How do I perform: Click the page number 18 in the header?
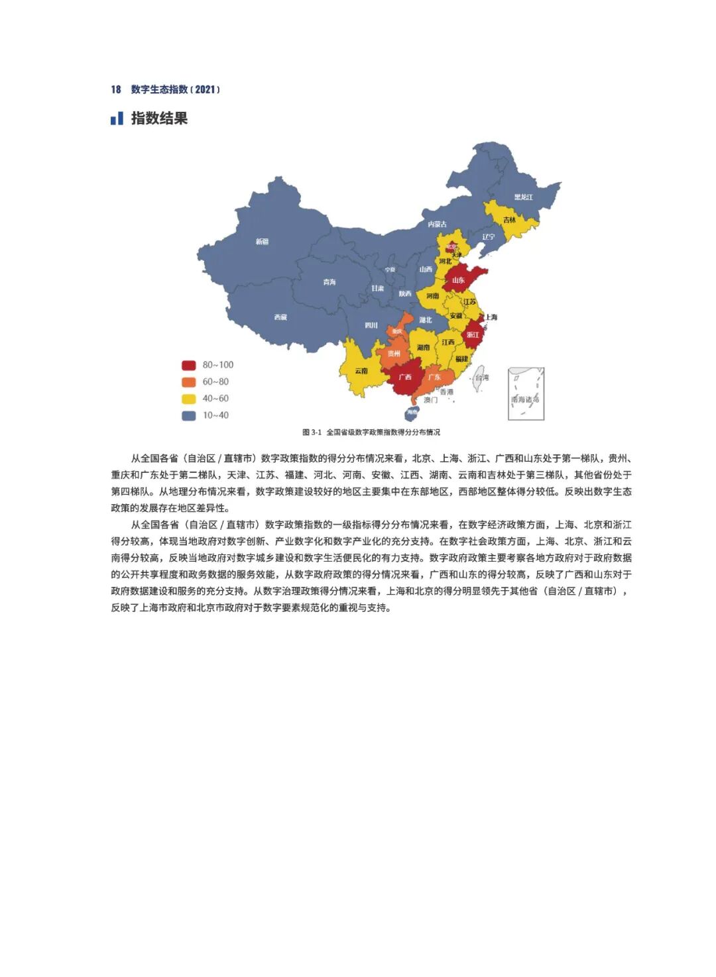116,89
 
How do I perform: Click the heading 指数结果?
159,119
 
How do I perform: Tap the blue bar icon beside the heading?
117,119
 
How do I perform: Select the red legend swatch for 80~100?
189,365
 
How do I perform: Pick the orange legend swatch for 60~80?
189,382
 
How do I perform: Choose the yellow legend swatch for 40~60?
189,399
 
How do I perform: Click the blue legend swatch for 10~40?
189,415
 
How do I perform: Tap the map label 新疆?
263,242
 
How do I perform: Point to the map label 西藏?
281,317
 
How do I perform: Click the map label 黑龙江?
523,197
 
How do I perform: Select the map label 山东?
459,280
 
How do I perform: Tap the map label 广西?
404,377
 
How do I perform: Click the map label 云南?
361,371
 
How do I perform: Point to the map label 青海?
329,282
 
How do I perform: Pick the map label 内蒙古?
437,225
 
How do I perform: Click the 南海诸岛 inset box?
526,394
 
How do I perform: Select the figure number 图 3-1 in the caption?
312,433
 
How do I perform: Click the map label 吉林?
509,220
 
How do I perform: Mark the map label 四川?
371,325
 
